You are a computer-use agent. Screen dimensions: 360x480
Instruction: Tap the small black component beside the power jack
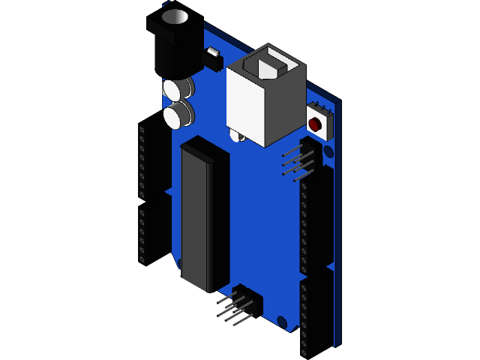[213, 59]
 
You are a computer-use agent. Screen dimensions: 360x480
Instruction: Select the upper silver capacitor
[177, 89]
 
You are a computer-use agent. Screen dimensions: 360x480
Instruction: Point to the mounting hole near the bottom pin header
[281, 322]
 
